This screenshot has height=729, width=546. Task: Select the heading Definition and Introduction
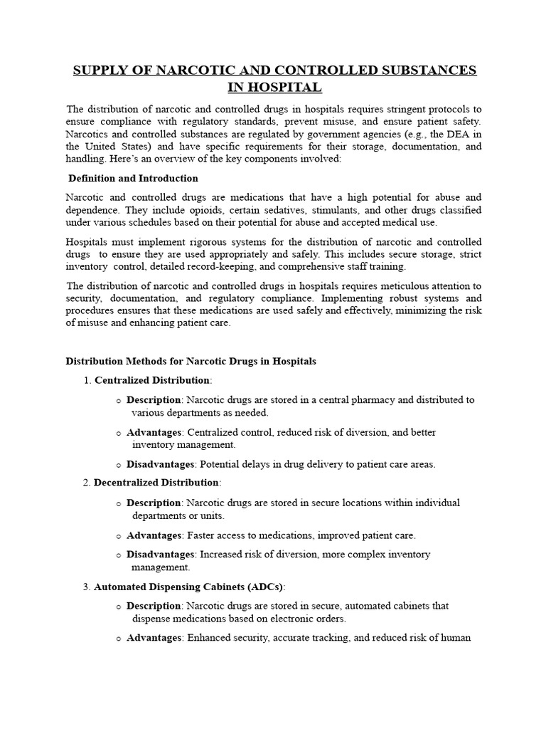(133, 178)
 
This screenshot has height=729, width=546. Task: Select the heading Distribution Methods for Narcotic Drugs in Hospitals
(191, 361)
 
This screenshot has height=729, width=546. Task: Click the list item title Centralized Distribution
(151, 380)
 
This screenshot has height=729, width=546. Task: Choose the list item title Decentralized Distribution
(156, 483)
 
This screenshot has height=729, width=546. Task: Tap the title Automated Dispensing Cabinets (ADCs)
(188, 587)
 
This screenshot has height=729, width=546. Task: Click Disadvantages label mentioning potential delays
(160, 464)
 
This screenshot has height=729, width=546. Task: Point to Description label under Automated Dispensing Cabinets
(154, 606)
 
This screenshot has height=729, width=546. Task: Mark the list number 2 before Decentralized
(87, 483)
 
